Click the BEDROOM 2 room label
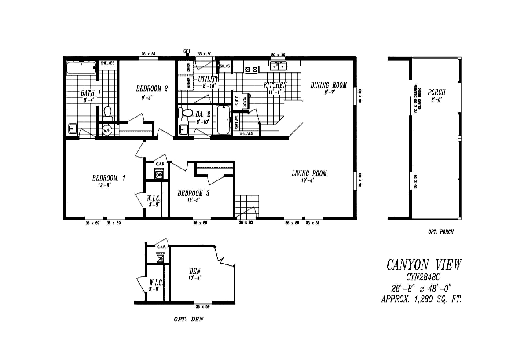click(152, 88)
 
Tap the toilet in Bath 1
click(107, 113)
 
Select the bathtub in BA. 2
click(223, 120)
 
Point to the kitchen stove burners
click(251, 69)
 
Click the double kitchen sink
click(278, 66)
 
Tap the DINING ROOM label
click(329, 85)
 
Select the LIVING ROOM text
click(309, 173)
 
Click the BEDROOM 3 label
click(190, 193)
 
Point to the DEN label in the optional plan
click(195, 272)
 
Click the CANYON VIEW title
click(424, 264)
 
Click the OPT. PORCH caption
click(440, 232)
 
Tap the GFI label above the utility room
click(187, 51)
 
